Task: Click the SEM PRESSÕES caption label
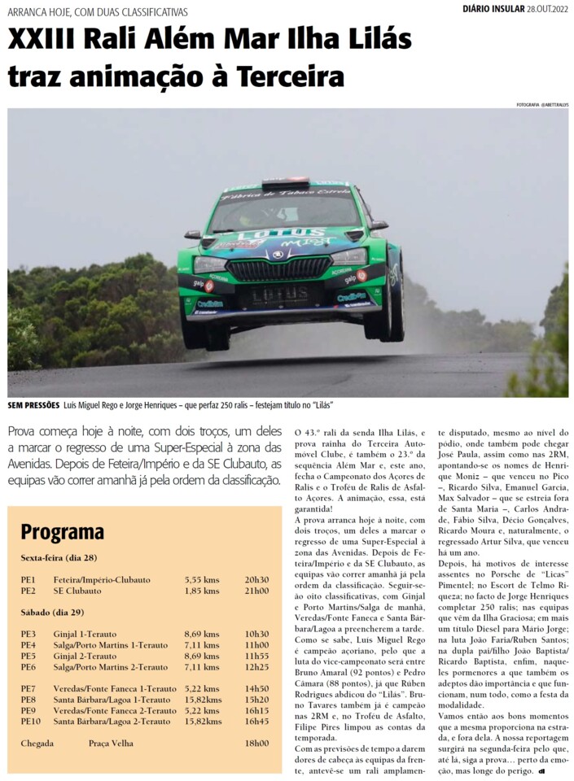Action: pos(33,404)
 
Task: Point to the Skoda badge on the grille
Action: pos(278,255)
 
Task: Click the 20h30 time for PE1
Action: pos(256,579)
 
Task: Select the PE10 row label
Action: pos(31,722)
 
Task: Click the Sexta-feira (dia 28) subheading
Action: pos(59,559)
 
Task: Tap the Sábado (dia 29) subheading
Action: pos(53,613)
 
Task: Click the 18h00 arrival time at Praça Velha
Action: pos(256,743)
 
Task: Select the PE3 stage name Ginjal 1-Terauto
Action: pos(85,634)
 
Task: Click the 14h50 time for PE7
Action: pos(256,688)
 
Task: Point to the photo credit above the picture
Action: pos(541,105)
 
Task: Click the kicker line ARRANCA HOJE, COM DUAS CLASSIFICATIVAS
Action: pos(98,12)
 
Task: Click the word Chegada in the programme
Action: pos(37,743)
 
